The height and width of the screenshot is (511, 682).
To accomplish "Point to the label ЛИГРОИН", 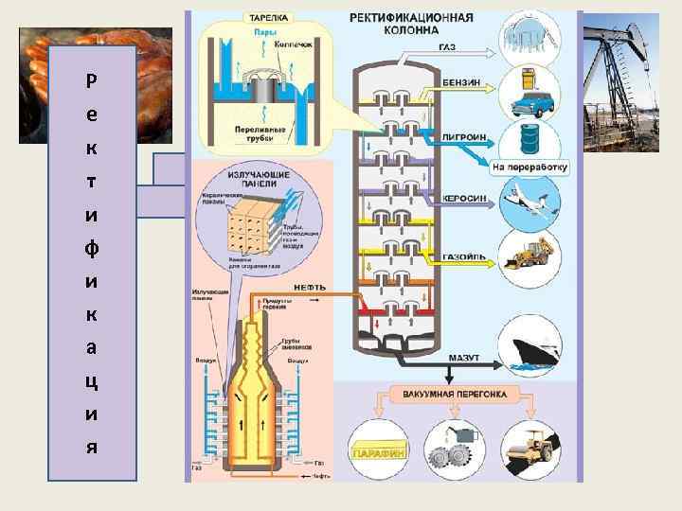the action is [464, 136].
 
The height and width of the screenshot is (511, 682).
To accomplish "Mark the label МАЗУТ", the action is [464, 358].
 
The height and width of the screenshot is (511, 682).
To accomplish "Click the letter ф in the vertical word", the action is [89, 249].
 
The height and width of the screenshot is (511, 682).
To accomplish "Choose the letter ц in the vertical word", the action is [89, 382].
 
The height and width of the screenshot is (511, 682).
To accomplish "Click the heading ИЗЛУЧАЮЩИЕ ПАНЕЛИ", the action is [252, 181].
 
